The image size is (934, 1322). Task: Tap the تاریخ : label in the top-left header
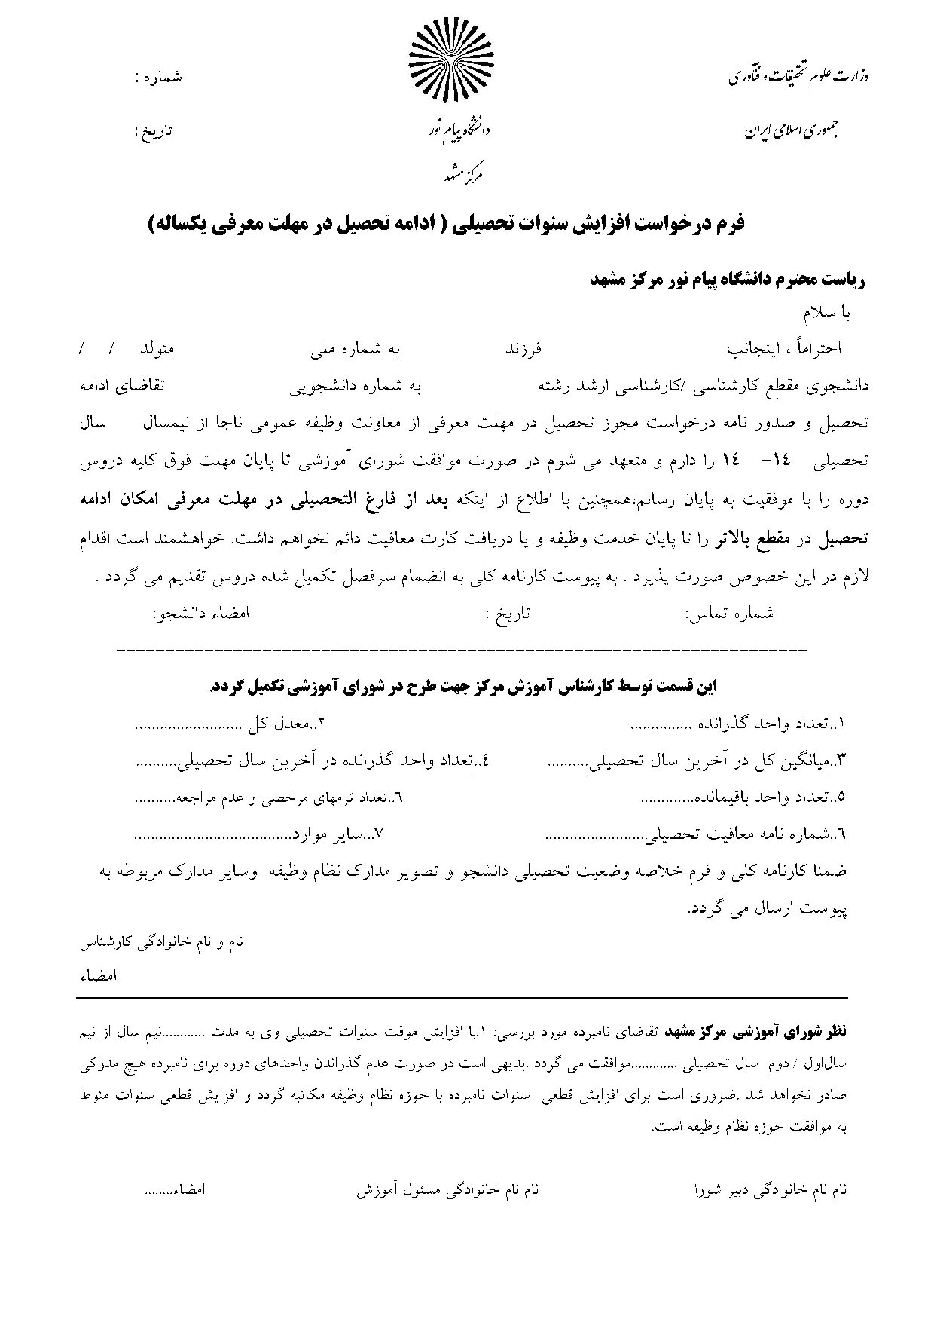[x=153, y=130]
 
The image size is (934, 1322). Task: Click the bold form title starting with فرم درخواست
[x=445, y=224]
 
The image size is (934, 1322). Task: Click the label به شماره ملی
[x=355, y=350]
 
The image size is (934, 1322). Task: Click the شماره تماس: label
[x=729, y=613]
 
